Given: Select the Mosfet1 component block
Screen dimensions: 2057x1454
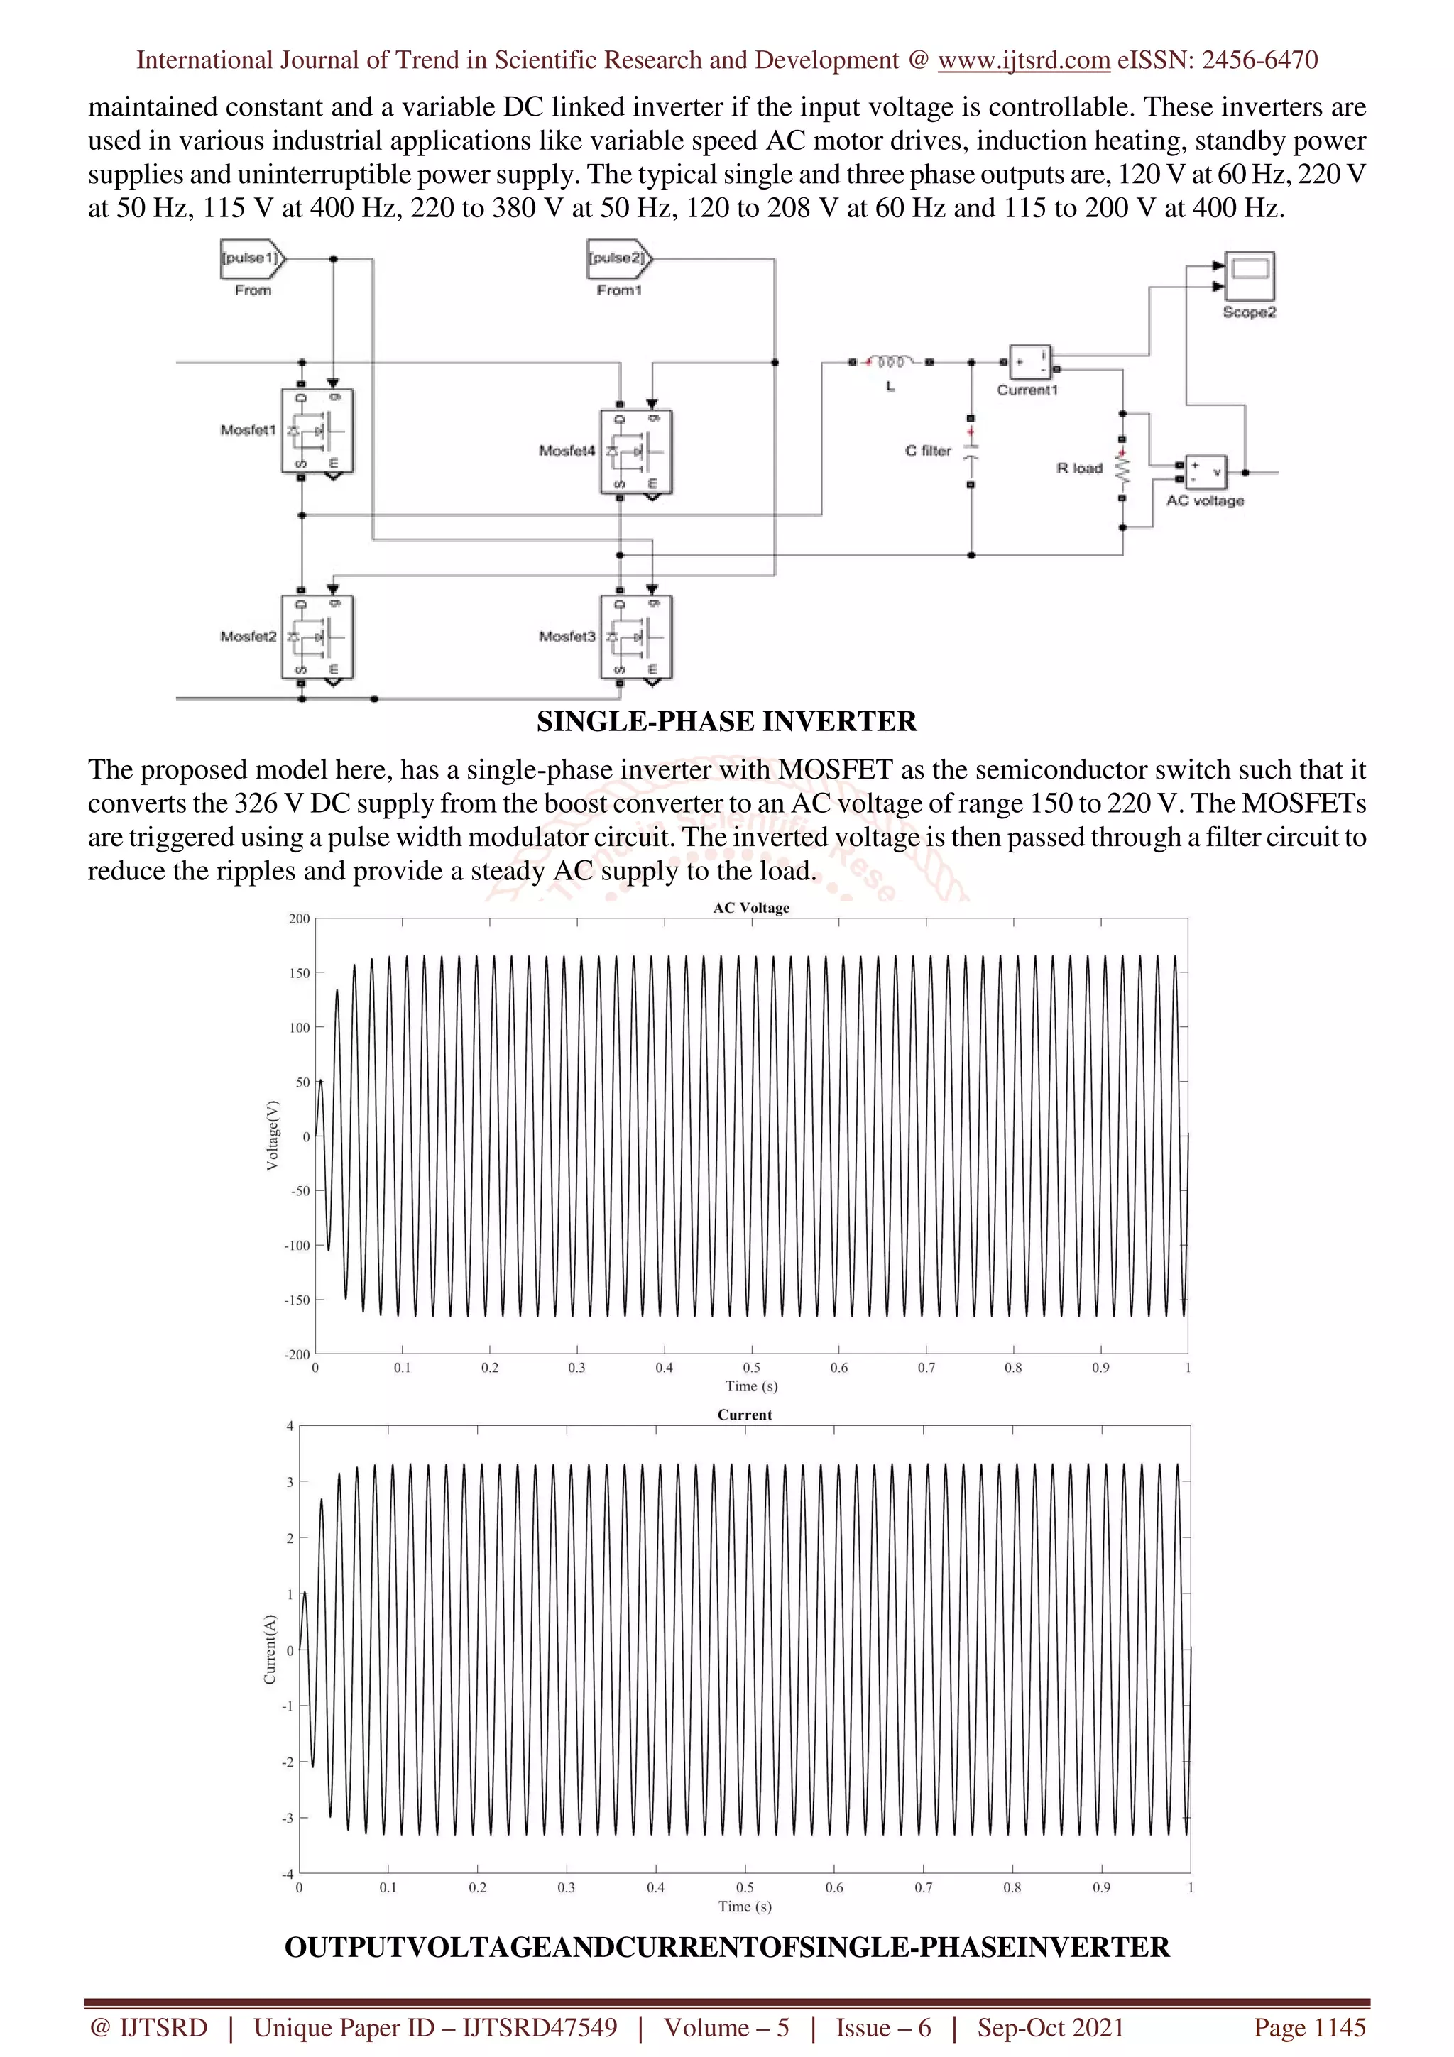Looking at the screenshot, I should pyautogui.click(x=317, y=431).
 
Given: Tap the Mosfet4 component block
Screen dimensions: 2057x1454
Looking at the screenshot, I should pyautogui.click(x=635, y=451).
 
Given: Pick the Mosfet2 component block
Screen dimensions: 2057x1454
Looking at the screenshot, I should pyautogui.click(x=317, y=637).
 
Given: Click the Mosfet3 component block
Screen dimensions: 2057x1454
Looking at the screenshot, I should pyautogui.click(x=635, y=637).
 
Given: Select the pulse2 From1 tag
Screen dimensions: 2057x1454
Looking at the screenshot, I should pyautogui.click(x=618, y=259).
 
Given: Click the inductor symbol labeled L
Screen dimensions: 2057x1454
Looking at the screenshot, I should pyautogui.click(x=890, y=362).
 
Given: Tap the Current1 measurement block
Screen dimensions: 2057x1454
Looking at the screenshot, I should pyautogui.click(x=1030, y=363).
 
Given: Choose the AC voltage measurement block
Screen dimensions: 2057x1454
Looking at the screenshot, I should pyautogui.click(x=1206, y=472).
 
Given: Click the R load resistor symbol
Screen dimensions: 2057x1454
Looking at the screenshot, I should pyautogui.click(x=1122, y=468).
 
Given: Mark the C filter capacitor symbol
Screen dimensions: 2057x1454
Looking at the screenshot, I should pyautogui.click(x=971, y=451).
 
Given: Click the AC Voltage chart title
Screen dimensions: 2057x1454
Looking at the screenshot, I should pyautogui.click(x=750, y=908).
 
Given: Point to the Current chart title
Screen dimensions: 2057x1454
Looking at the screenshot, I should pyautogui.click(x=745, y=1415).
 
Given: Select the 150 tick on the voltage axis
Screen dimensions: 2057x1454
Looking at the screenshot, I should pyautogui.click(x=299, y=973).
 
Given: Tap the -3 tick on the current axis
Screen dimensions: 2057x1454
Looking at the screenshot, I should pyautogui.click(x=288, y=1819).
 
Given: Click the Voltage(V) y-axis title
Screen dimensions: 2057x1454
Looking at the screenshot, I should pyautogui.click(x=273, y=1135).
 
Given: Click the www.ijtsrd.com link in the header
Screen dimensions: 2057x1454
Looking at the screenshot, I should pyautogui.click(x=1023, y=60).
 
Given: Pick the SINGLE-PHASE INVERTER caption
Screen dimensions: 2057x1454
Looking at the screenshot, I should pyautogui.click(x=726, y=722).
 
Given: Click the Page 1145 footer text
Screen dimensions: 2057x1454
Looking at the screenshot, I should pyautogui.click(x=1309, y=2027).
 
